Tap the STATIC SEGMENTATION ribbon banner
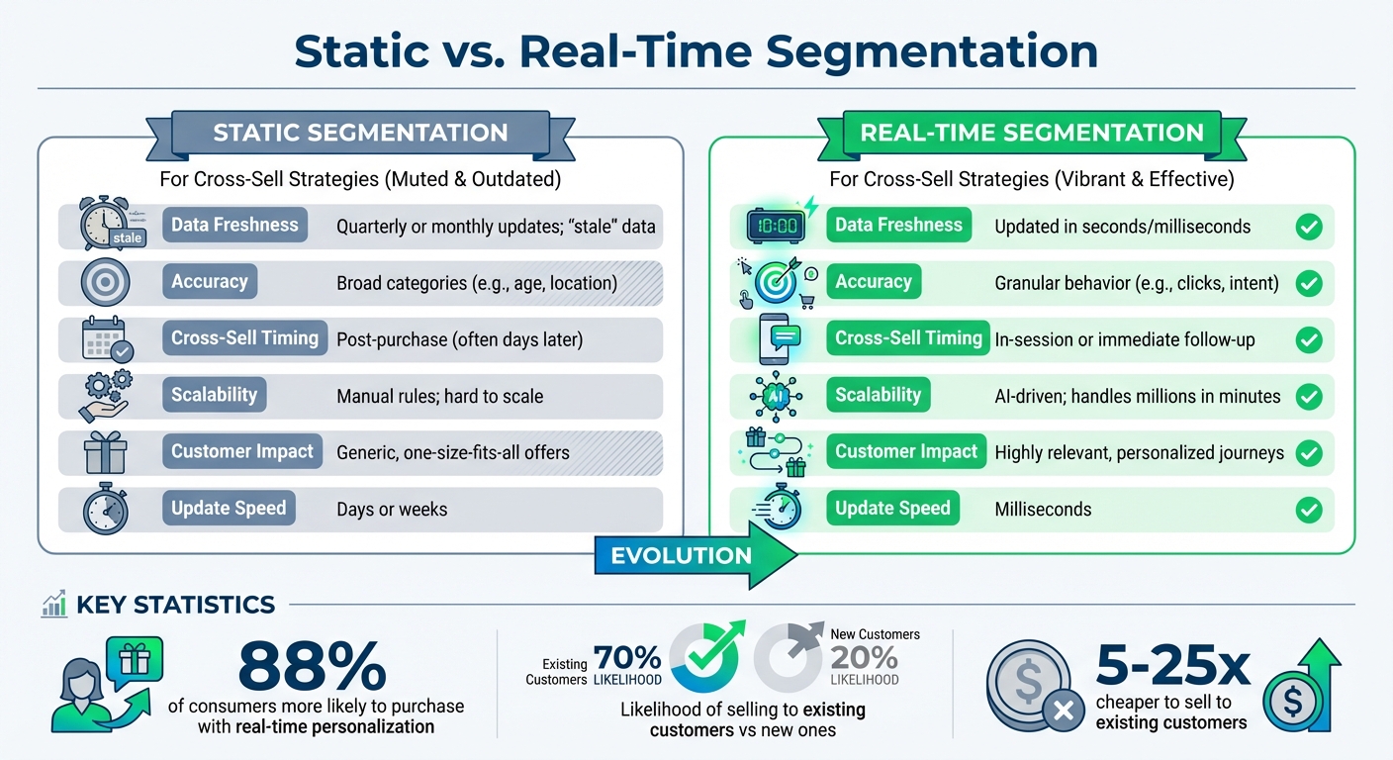(x=360, y=134)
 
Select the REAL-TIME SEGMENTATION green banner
(x=1032, y=134)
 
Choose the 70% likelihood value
(x=627, y=658)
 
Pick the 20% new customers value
(x=864, y=658)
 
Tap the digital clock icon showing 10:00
(x=776, y=225)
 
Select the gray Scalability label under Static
(x=214, y=395)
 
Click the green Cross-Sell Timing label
(x=908, y=337)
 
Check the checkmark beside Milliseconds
(x=1309, y=510)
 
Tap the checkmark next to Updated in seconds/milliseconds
(x=1309, y=227)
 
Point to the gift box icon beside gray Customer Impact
(x=106, y=453)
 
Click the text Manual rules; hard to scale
(x=439, y=397)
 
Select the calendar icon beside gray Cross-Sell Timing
(x=106, y=339)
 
